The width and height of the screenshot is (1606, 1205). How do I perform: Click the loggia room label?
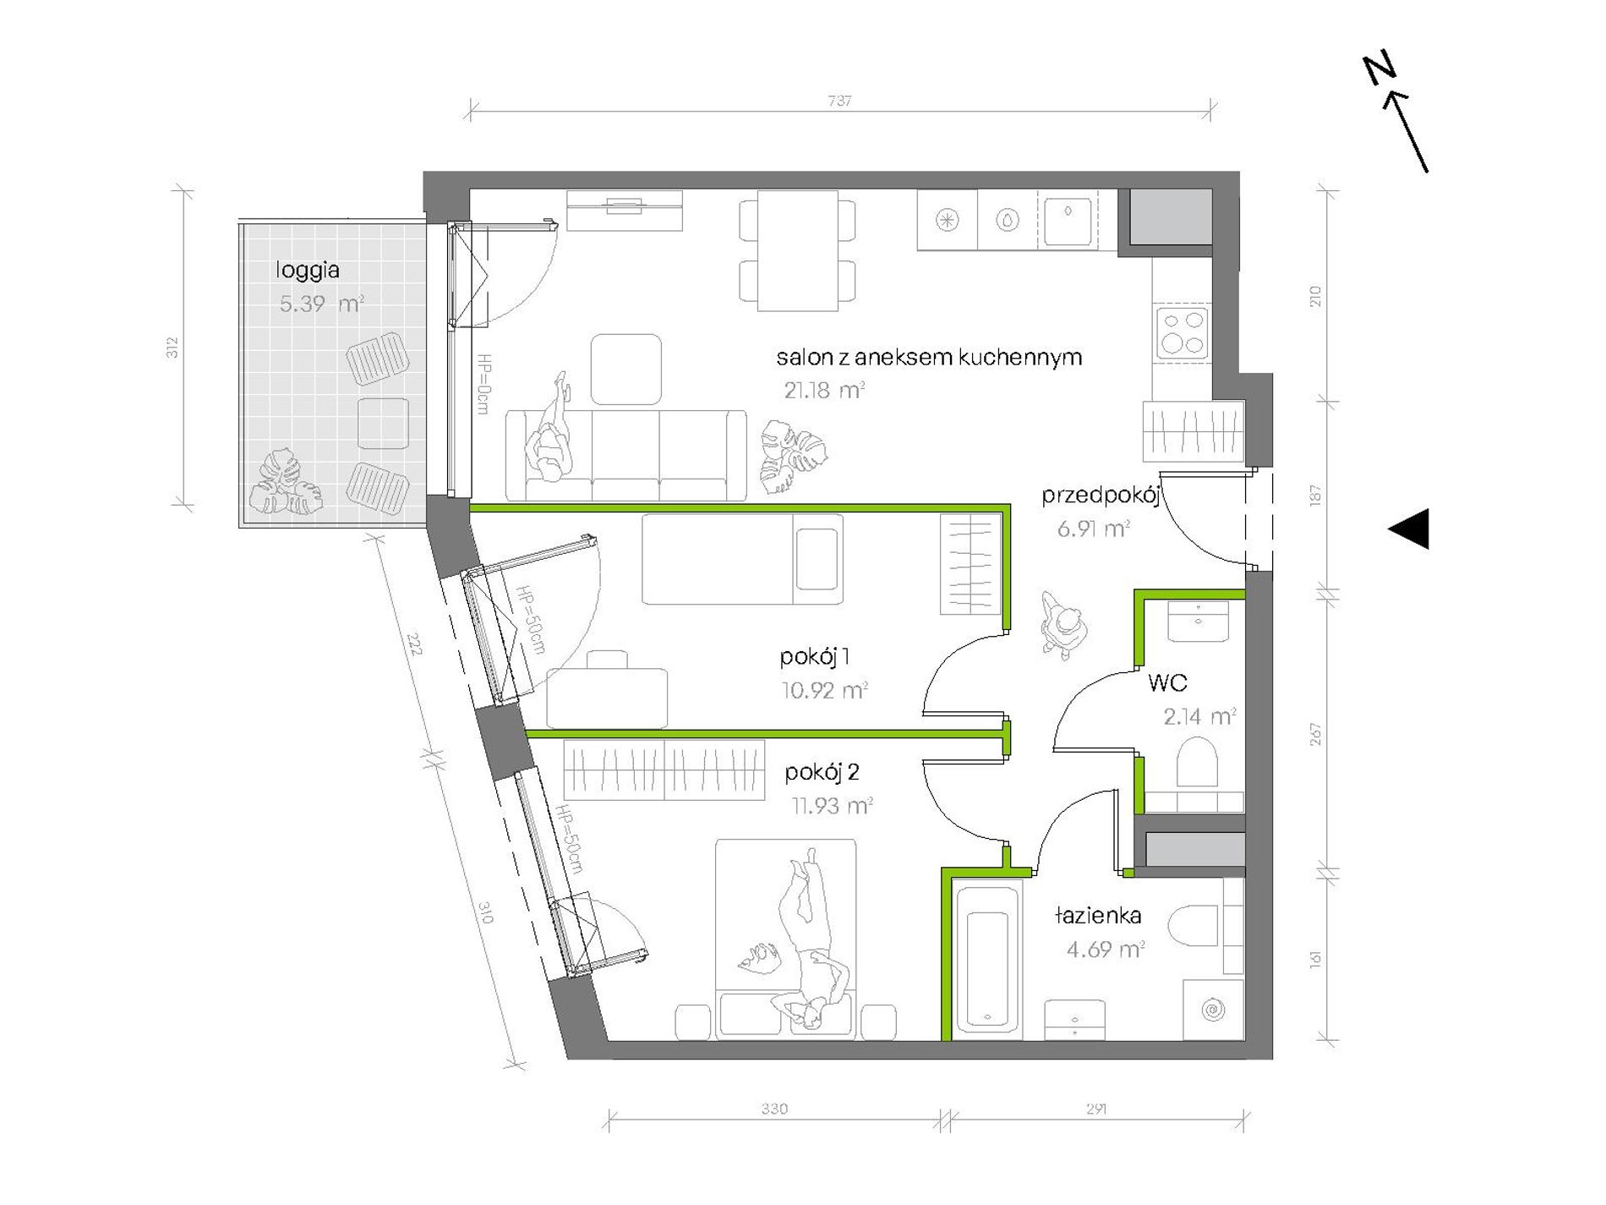pyautogui.click(x=308, y=271)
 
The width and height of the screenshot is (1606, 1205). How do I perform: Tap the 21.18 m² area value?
pyautogui.click(x=824, y=390)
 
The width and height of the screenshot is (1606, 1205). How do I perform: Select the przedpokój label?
pyautogui.click(x=1100, y=496)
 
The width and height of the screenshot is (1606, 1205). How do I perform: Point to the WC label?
pyautogui.click(x=1167, y=682)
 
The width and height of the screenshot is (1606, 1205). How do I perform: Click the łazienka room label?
pyautogui.click(x=1098, y=915)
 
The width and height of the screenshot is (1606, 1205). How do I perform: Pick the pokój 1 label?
pyautogui.click(x=815, y=657)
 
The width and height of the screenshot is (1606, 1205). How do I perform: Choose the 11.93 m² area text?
pyautogui.click(x=832, y=806)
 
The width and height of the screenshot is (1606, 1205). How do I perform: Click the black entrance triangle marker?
pyautogui.click(x=1409, y=529)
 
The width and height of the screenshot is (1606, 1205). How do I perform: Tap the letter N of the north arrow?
pyautogui.click(x=1379, y=69)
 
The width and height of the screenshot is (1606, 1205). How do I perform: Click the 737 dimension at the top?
pyautogui.click(x=839, y=101)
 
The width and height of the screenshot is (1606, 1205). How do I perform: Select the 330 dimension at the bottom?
pyautogui.click(x=774, y=1109)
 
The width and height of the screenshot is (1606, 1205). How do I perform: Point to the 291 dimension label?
pyautogui.click(x=1096, y=1109)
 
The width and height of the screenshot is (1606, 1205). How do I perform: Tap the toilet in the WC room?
pyautogui.click(x=1196, y=762)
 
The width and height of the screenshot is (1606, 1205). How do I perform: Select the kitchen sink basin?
pyautogui.click(x=1068, y=220)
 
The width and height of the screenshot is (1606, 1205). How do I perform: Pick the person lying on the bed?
pyautogui.click(x=807, y=939)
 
